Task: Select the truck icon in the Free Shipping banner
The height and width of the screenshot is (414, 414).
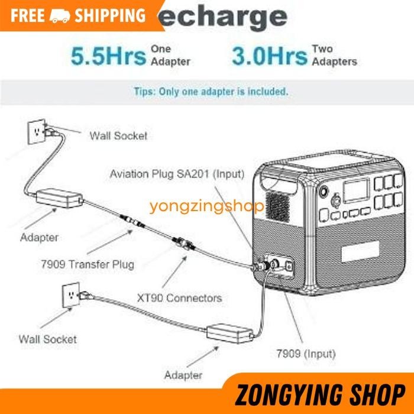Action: click(x=60, y=16)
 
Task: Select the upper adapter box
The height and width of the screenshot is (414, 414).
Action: click(x=59, y=199)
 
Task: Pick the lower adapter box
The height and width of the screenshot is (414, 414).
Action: click(x=227, y=335)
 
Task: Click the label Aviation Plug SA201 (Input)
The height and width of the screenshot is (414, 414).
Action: click(x=177, y=174)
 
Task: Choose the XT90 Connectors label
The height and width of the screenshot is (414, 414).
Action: click(x=178, y=297)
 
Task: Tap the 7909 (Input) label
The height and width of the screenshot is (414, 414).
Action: click(x=305, y=354)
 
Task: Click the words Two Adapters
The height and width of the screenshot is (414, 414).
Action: click(x=334, y=56)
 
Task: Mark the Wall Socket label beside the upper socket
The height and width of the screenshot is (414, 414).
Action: click(x=118, y=135)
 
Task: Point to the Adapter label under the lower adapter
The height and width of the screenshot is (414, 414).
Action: click(x=183, y=375)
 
